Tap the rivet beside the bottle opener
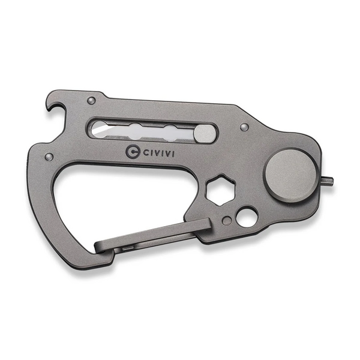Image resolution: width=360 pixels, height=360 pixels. [92, 100]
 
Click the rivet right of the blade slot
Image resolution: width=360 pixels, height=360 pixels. [244, 127]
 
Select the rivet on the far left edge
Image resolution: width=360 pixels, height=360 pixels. [49, 157]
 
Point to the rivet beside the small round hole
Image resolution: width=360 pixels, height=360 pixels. [227, 221]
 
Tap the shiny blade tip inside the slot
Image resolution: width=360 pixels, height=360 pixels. [98, 130]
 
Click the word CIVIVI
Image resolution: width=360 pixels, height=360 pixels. [158, 153]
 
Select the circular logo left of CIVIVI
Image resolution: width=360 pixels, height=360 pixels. [133, 152]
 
